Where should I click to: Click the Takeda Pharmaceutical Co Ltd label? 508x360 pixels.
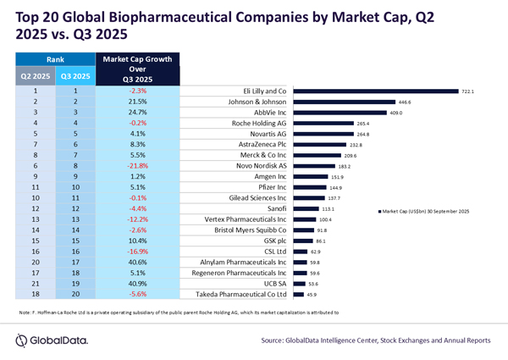click(x=245, y=294)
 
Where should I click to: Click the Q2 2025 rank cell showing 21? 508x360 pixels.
click(x=34, y=283)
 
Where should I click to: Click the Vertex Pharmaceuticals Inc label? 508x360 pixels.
click(x=246, y=219)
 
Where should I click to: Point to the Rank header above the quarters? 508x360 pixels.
click(x=54, y=59)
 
